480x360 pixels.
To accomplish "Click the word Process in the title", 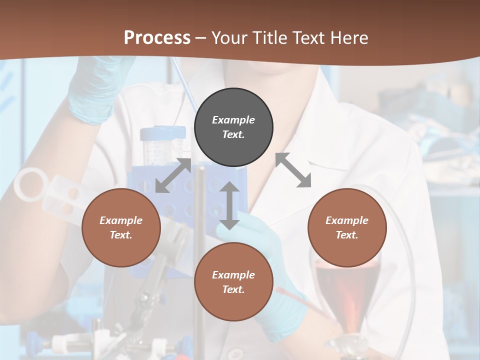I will tap(157, 38).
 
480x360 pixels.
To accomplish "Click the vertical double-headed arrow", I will tap(229, 205).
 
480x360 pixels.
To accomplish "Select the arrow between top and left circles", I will tap(173, 175).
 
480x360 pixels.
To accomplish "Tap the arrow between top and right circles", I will tap(293, 170).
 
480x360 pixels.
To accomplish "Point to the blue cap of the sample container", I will tap(162, 133).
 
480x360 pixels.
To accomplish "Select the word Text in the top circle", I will tap(233, 134).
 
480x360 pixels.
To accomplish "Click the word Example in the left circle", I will tap(121, 220).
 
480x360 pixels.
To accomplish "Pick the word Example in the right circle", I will tap(347, 220).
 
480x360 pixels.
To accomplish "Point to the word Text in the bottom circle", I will tap(233, 289).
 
